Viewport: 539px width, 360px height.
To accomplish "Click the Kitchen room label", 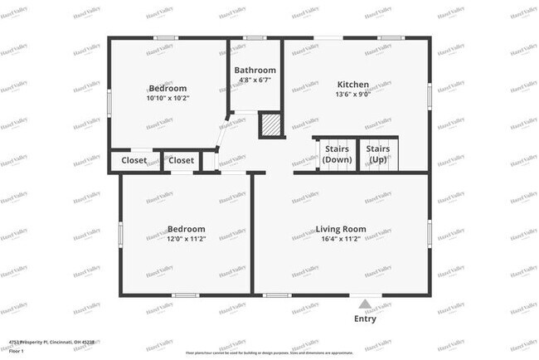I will (x=352, y=85).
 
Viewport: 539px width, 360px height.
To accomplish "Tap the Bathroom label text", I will (x=255, y=71).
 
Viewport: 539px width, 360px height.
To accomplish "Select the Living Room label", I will (x=341, y=229).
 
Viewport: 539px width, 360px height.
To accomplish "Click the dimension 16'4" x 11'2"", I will (x=341, y=239).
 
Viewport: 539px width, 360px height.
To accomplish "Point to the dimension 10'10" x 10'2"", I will (x=168, y=98).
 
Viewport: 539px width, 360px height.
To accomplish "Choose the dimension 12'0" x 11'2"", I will (x=186, y=239).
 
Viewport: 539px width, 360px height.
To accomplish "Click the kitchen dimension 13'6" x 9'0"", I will (x=352, y=95).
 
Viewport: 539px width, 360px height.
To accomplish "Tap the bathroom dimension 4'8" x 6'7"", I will (x=255, y=80).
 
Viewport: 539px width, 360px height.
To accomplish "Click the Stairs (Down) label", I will (x=337, y=153).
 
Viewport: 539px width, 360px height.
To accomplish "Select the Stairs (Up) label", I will (x=379, y=153).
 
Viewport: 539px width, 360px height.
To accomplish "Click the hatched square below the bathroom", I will (x=270, y=125).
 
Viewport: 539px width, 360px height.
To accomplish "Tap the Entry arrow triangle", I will (x=365, y=303).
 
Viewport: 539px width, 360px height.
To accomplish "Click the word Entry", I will (x=365, y=319).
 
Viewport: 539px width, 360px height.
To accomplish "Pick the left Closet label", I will (x=134, y=160).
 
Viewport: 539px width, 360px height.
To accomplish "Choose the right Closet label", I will (x=181, y=160).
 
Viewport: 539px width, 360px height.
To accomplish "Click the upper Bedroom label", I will (x=168, y=88).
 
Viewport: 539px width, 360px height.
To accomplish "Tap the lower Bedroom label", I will (x=186, y=229).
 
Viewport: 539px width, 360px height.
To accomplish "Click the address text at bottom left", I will (x=51, y=341).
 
